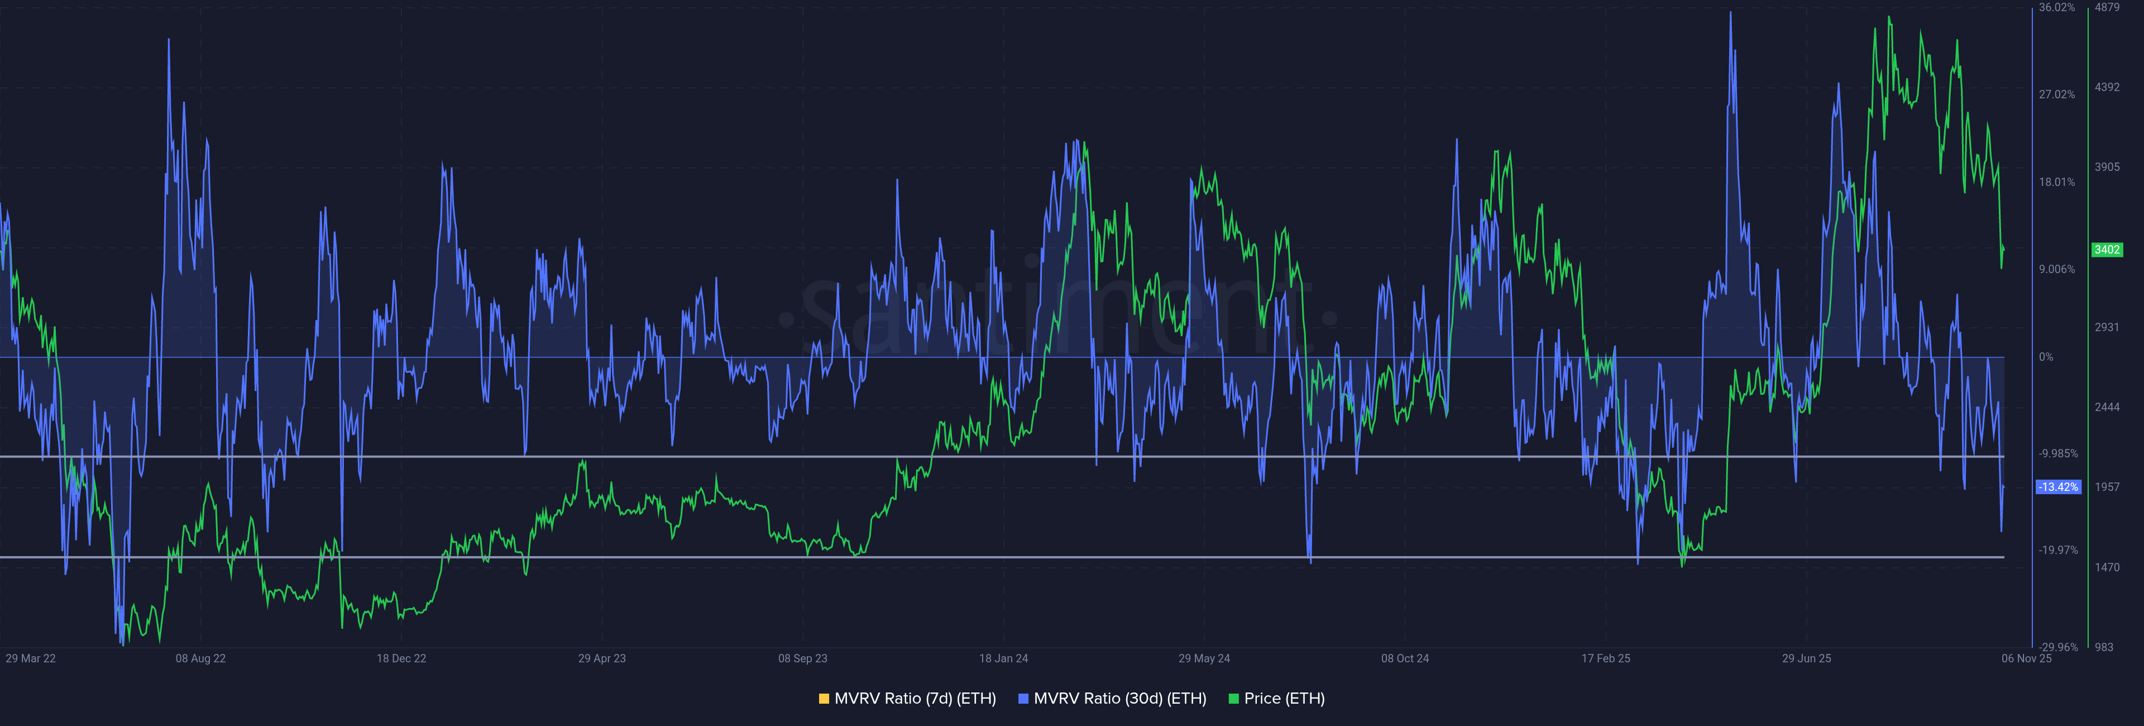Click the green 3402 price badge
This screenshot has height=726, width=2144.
(2107, 250)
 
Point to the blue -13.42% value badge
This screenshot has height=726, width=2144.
(2058, 487)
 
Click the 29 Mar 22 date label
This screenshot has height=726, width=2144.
(31, 658)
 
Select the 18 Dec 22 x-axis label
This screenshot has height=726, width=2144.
(401, 658)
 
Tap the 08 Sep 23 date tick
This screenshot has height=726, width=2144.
(802, 658)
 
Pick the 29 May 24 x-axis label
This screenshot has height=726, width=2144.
(1204, 658)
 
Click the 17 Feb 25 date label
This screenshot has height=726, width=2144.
(1606, 658)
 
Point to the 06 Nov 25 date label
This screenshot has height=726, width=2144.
(2026, 658)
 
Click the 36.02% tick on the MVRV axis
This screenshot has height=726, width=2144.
(2056, 7)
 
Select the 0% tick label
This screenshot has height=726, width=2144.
(2046, 357)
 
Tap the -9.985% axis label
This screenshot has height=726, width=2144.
(2057, 453)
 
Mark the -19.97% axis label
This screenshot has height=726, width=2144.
(2057, 550)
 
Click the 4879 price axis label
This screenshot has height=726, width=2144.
(2107, 7)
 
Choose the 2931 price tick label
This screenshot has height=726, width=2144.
(2107, 327)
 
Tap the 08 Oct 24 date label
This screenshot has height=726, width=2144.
(1405, 658)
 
